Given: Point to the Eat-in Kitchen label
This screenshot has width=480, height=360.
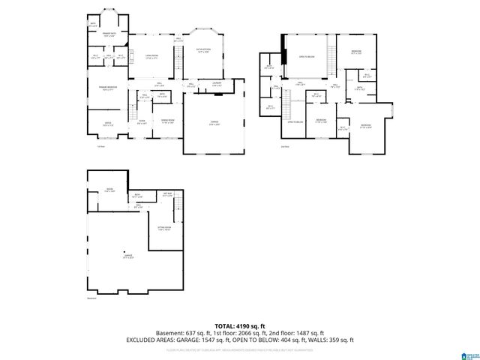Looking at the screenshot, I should coord(203,51).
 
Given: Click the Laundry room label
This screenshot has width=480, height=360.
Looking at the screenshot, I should coord(216,84).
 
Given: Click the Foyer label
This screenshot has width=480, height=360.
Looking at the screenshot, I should coord(141,122).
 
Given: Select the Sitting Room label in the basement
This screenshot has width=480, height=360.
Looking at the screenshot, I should coord(164,228).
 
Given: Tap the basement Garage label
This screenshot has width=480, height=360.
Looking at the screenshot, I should coord(128,256).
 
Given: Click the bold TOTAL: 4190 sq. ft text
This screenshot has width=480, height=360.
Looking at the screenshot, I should coord(239,325).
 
